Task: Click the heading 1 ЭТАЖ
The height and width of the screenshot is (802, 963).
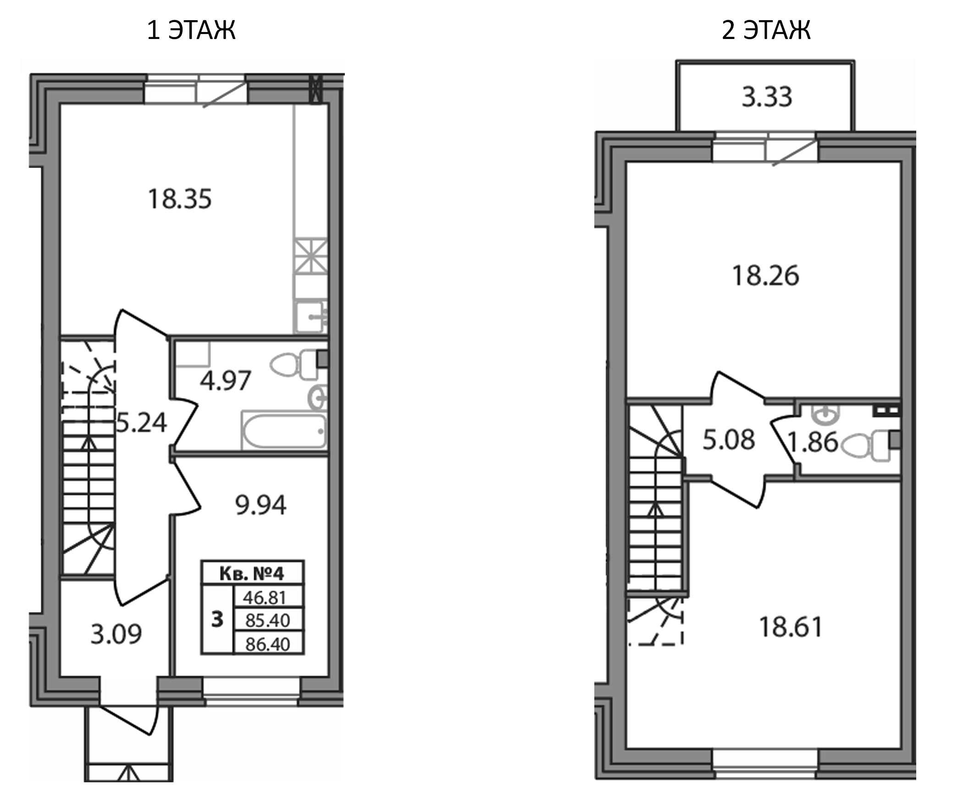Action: coord(191,30)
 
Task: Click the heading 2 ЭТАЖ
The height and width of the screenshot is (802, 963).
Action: coord(766,30)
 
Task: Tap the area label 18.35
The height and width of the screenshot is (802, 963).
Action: coord(180,199)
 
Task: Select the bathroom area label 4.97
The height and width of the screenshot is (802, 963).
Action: coord(225,381)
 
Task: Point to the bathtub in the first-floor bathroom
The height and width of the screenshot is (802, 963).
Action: coord(283,431)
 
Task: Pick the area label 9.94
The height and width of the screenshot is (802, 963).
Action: coord(260,505)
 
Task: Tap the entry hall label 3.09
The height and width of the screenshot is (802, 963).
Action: coord(116,635)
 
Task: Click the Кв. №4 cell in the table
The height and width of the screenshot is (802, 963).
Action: coord(252,573)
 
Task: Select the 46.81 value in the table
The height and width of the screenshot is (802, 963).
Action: coord(265,597)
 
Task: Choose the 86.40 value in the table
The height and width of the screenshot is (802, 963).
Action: coord(267,644)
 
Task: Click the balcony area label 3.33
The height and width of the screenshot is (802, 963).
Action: coord(767,97)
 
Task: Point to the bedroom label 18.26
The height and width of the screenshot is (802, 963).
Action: coord(765,276)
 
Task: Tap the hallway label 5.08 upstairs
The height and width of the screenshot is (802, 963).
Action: coord(729,440)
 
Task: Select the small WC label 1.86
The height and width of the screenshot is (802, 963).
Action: coord(813,442)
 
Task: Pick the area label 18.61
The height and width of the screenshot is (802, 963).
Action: coord(791,627)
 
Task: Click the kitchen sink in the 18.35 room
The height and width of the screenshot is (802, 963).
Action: coord(310,316)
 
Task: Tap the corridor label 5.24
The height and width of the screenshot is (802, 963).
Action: coord(141,422)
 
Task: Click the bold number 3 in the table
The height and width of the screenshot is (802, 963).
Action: coord(217,619)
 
